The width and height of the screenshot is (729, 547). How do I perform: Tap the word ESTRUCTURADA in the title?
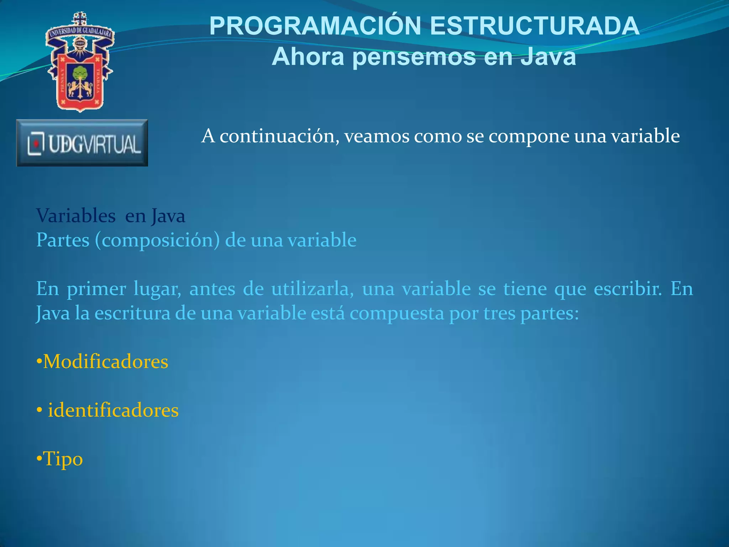(535, 26)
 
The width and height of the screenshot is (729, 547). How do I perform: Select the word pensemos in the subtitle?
(414, 57)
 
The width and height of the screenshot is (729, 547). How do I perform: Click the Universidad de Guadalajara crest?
(80, 62)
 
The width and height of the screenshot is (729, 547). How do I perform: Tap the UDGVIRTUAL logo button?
(82, 143)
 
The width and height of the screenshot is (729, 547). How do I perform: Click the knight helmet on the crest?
(80, 44)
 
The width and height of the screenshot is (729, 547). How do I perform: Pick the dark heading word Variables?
(76, 216)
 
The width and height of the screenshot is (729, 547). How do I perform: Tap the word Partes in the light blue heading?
(63, 240)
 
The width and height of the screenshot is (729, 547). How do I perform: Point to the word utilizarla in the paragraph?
(313, 288)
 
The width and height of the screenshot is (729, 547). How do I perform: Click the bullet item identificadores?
(113, 410)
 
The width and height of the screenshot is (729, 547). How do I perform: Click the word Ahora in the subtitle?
(308, 57)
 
